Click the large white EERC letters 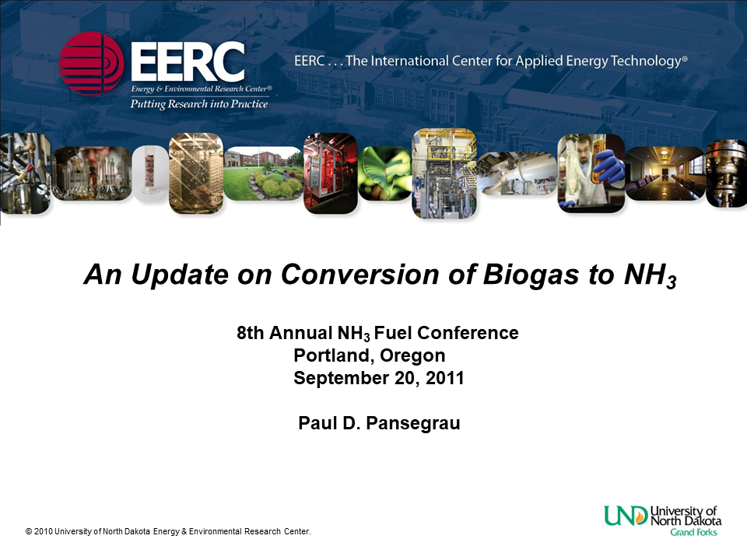pos(188,61)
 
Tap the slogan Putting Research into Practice pos(198,104)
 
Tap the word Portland pos(326,356)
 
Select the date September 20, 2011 pos(379,379)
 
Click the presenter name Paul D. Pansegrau pos(380,424)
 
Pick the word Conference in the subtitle pos(468,334)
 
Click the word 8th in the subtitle pos(252,334)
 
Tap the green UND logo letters pos(625,515)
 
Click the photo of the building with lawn pos(263,173)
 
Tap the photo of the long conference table pos(665,173)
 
